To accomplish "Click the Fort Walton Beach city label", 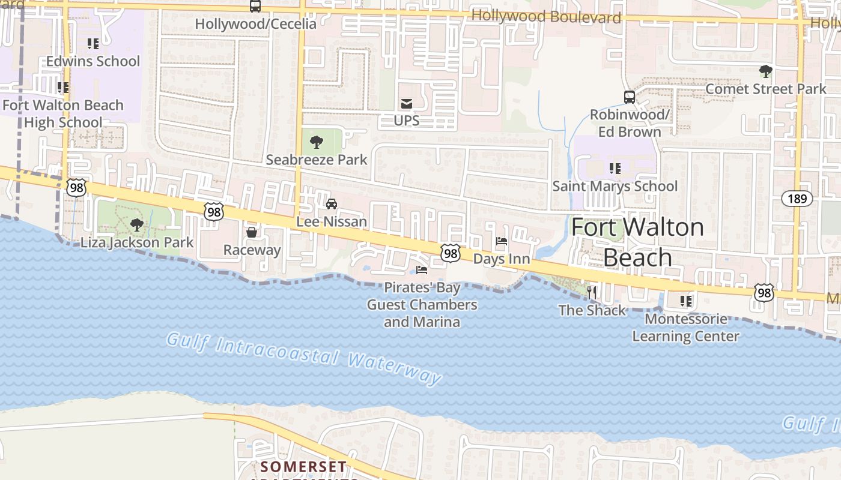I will (x=637, y=242).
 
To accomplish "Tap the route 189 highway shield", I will (x=797, y=198).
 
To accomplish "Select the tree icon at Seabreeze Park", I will (x=317, y=143).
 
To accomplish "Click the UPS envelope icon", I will (x=407, y=104).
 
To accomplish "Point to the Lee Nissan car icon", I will (x=332, y=204).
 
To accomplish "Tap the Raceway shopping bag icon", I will (x=252, y=232).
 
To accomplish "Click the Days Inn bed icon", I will (x=502, y=242).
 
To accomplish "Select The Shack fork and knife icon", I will (x=592, y=293).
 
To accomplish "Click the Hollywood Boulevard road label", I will (x=546, y=16).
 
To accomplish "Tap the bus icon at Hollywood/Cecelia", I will (x=255, y=7).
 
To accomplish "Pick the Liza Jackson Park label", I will (x=137, y=242).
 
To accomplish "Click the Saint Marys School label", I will (x=615, y=186).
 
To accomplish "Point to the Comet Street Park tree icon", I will (x=765, y=72).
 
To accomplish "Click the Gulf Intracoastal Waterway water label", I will (x=304, y=358).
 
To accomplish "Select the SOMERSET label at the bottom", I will (x=303, y=466).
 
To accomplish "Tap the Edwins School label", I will (x=93, y=61).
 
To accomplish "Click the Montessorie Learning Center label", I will (x=685, y=328).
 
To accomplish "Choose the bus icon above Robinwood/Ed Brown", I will (x=629, y=97).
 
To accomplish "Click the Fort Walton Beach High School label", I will (x=63, y=113).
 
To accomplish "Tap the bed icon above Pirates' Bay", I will (x=422, y=270).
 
